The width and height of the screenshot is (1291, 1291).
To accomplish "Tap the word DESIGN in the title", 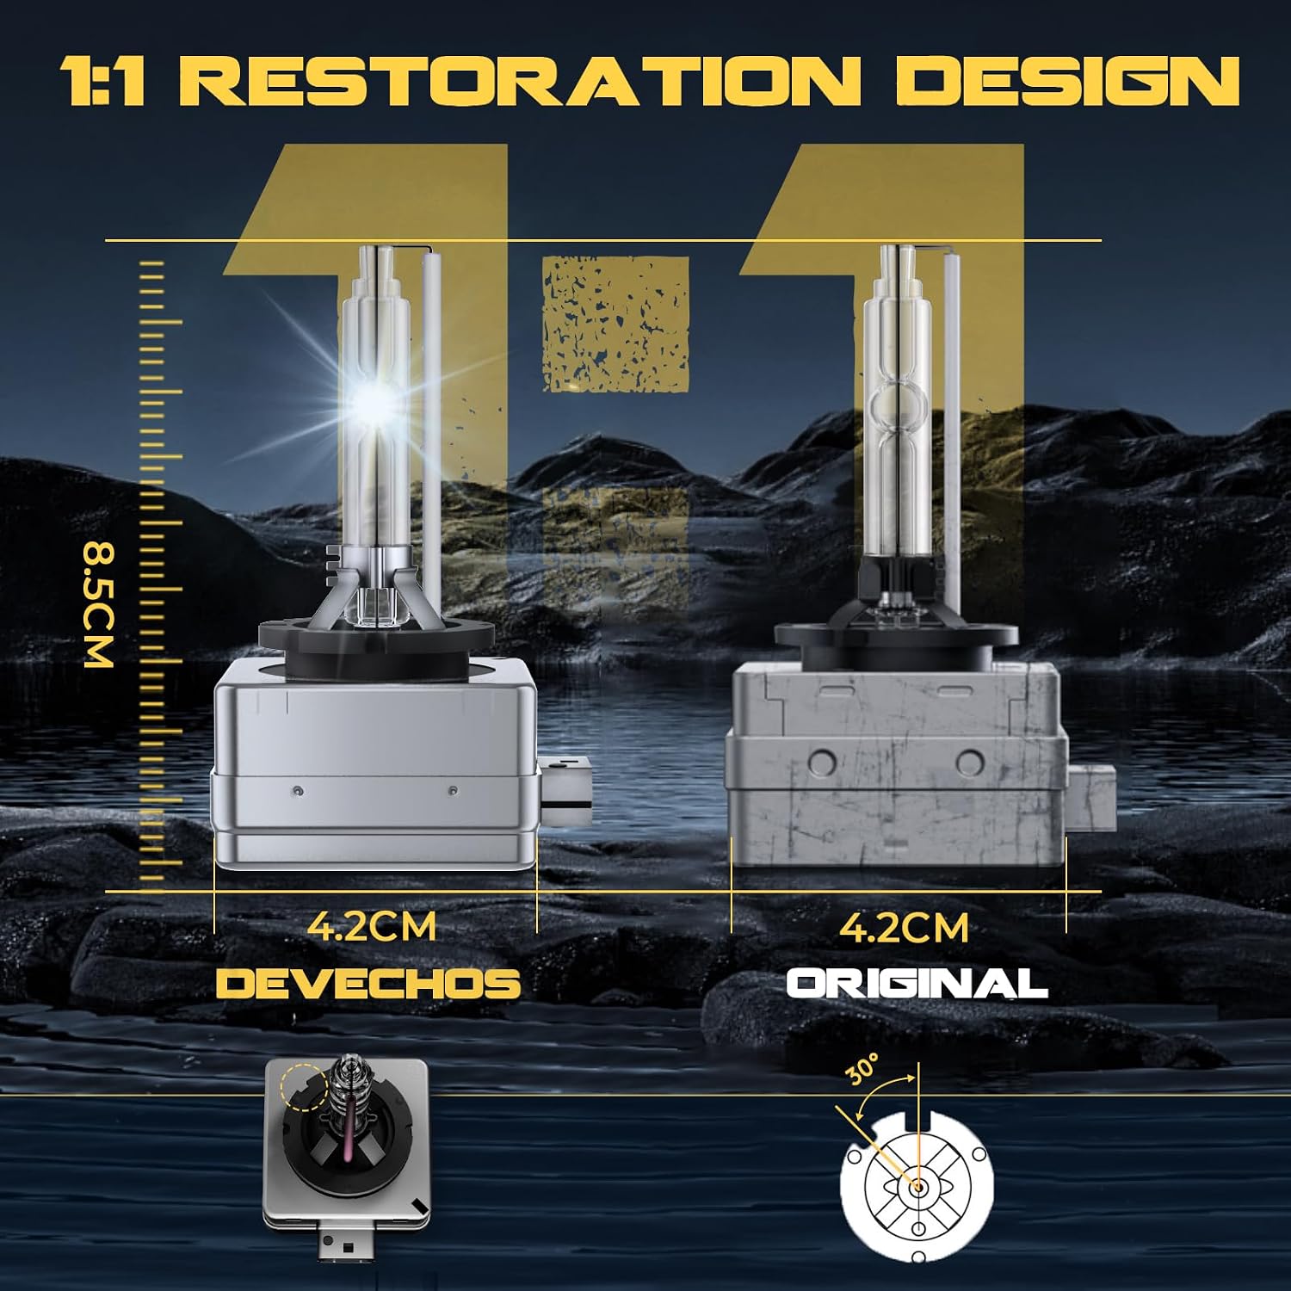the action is tap(1068, 81).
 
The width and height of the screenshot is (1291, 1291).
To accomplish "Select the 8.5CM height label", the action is tap(98, 604).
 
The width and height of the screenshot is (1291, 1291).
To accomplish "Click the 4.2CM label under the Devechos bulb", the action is tap(372, 926).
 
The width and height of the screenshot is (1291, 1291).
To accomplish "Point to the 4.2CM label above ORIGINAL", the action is tap(904, 927).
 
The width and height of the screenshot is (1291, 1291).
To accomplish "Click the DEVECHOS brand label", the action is tap(368, 983).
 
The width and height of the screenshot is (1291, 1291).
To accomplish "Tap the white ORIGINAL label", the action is tap(917, 983).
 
